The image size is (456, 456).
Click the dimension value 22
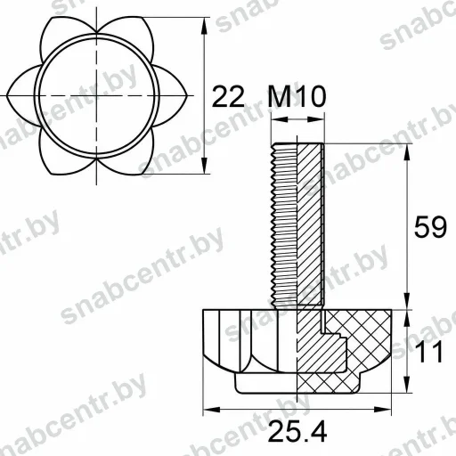tap(229, 96)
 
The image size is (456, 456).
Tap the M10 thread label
tap(297, 96)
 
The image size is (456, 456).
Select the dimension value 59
tap(430, 227)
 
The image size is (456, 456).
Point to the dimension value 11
tap(428, 352)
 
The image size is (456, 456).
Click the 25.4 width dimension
tap(297, 432)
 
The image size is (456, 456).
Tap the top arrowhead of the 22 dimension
tap(204, 25)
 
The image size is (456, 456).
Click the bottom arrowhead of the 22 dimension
tap(204, 166)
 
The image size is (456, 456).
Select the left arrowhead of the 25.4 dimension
tap(212, 410)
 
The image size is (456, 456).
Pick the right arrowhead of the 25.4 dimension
tap(383, 410)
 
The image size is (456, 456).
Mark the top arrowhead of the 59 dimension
tap(407, 152)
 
